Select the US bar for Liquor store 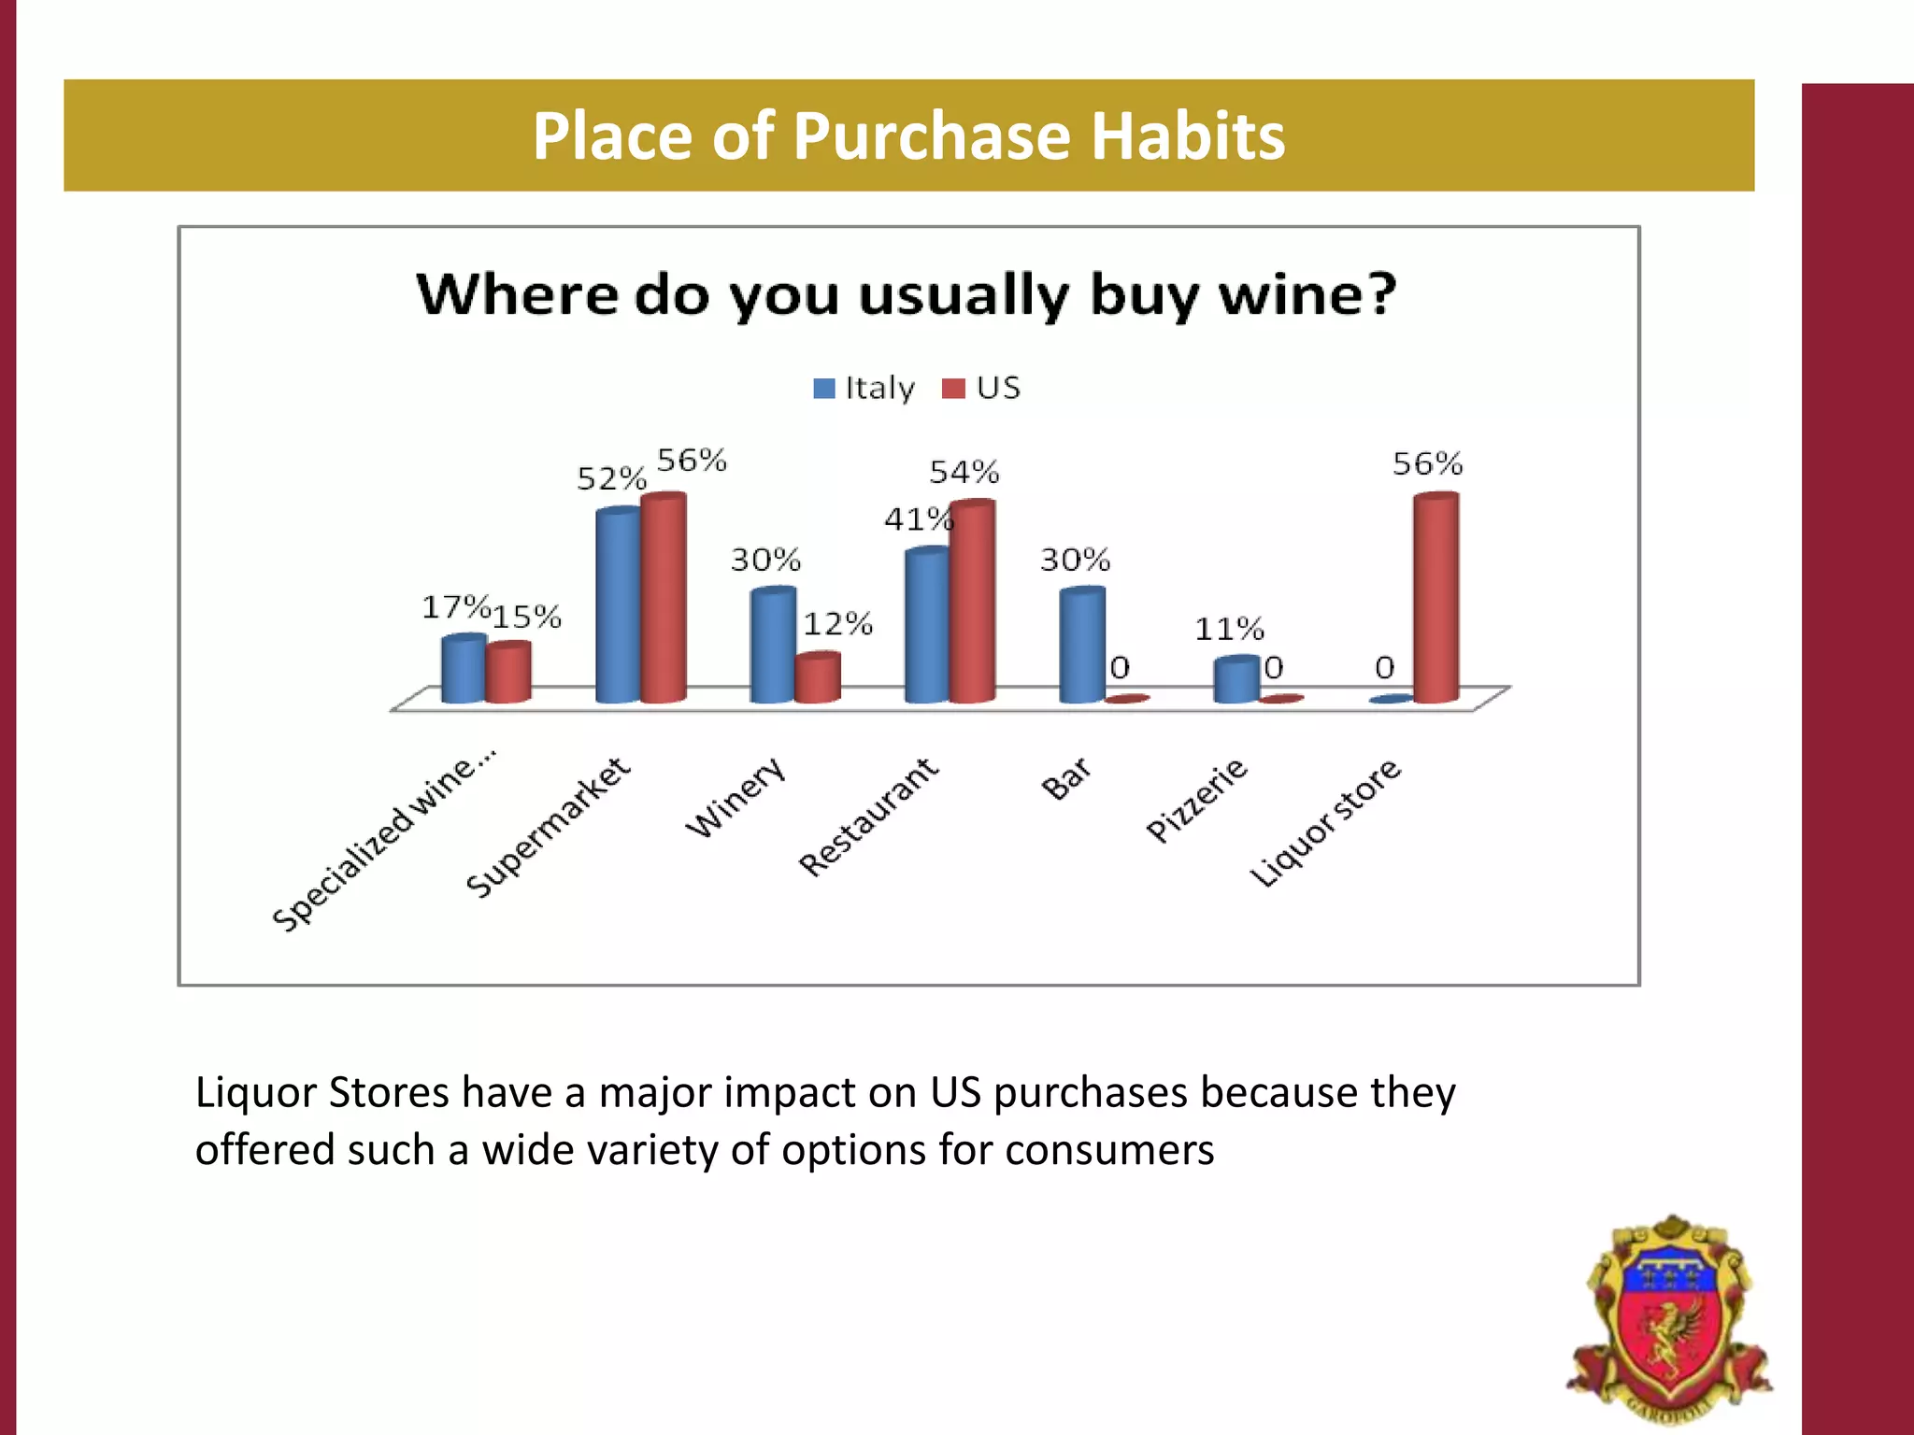tap(1435, 598)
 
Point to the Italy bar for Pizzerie tap(1236, 679)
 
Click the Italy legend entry tap(864, 388)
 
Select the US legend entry tap(982, 388)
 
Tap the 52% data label tap(611, 479)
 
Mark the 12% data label tap(838, 624)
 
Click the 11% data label tap(1229, 629)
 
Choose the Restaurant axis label tap(868, 817)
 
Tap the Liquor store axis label tap(1325, 822)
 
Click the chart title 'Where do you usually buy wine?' tap(906, 294)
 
